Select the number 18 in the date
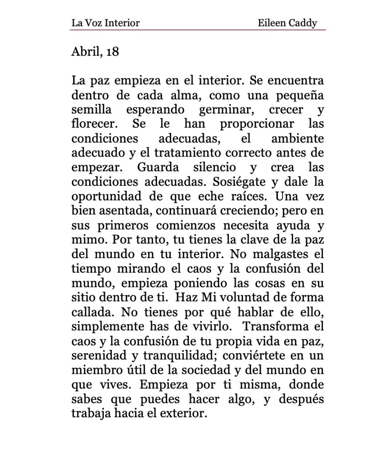click(113, 52)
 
